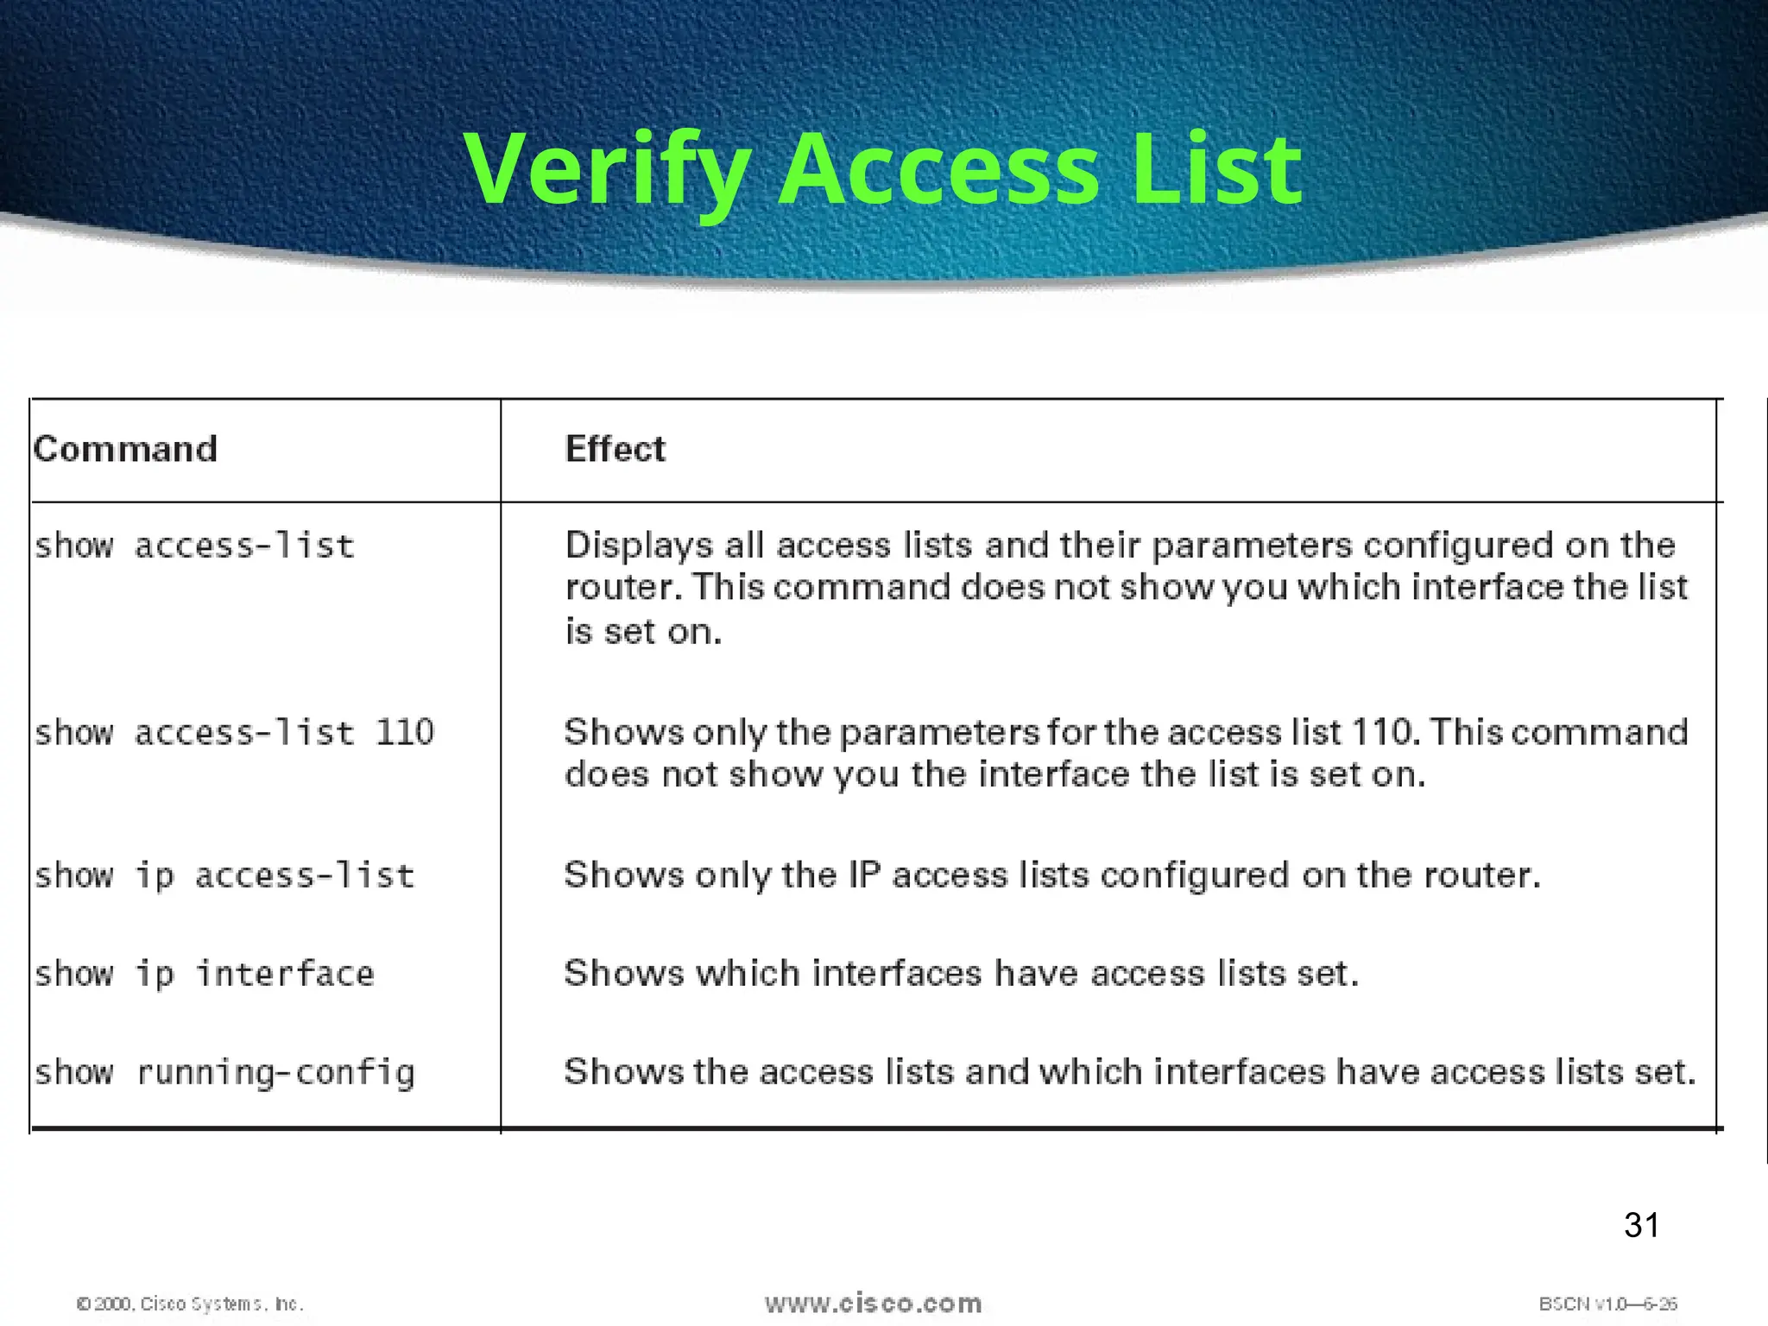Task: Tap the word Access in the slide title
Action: point(939,169)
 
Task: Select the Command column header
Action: point(125,449)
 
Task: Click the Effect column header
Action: point(615,449)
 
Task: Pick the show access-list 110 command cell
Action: point(234,733)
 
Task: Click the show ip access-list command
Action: point(224,875)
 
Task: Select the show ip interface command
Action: point(205,974)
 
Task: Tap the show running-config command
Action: point(224,1072)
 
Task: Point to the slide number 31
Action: point(1641,1225)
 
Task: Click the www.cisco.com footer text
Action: point(873,1303)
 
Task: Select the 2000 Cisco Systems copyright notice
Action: point(190,1304)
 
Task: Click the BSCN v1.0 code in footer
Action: point(1607,1304)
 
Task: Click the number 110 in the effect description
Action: point(1380,732)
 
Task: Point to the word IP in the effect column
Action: point(864,875)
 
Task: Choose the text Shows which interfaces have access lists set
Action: point(961,974)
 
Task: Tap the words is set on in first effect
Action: point(642,632)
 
